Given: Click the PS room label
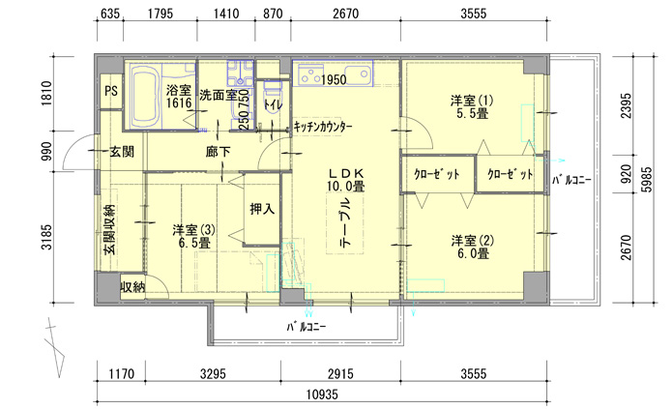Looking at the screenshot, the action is click(x=111, y=91).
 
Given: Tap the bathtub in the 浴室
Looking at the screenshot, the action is click(x=145, y=96).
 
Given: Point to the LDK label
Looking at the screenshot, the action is click(x=346, y=173).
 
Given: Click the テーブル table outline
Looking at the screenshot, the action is click(x=345, y=223).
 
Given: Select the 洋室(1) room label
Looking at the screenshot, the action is click(x=472, y=107).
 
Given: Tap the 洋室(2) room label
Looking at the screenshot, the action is click(x=472, y=247).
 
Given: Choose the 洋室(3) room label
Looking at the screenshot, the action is click(x=193, y=236).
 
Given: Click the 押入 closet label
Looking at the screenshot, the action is click(x=262, y=209).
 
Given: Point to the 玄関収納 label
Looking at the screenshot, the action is click(x=109, y=230).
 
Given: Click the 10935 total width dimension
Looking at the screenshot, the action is click(x=322, y=394).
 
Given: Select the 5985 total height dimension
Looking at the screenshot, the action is click(x=647, y=179).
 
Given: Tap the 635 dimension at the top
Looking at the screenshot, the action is click(x=109, y=14).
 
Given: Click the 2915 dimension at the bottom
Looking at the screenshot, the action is click(x=340, y=374).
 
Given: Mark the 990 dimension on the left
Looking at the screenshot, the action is click(x=46, y=151).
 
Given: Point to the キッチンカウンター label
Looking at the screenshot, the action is click(x=323, y=127).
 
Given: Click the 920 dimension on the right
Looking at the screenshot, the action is click(x=626, y=174).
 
